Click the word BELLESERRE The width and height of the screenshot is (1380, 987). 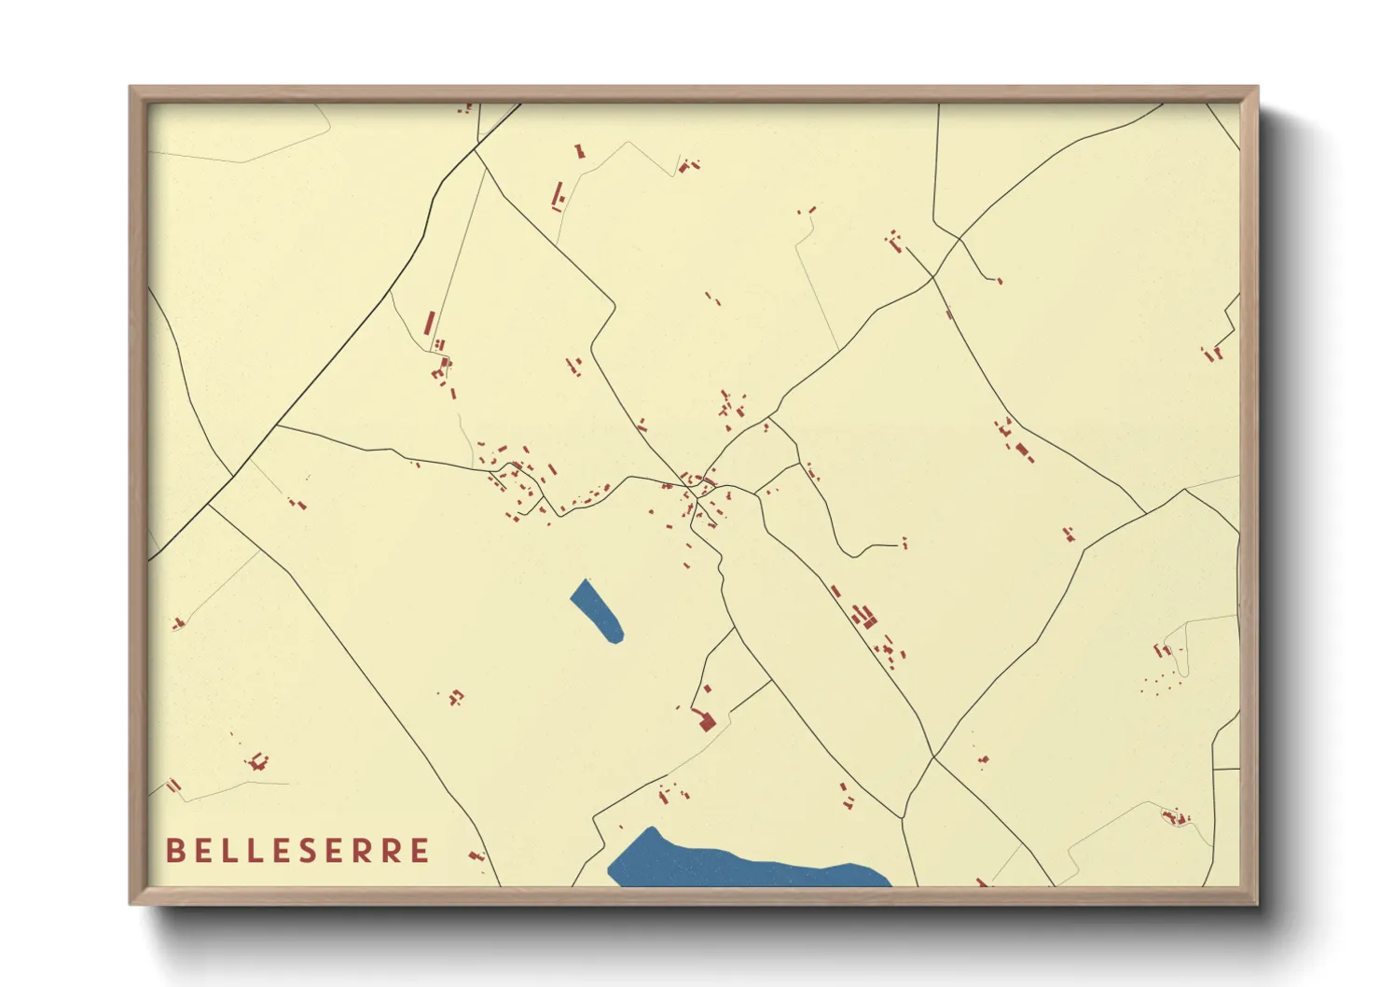point(297,851)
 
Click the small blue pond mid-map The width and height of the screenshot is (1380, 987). point(597,611)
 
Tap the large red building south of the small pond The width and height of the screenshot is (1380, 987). point(707,721)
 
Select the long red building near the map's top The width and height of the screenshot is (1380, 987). point(559,194)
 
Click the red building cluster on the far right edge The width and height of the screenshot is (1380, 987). point(1212,354)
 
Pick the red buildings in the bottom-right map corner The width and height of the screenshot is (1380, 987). point(1176,818)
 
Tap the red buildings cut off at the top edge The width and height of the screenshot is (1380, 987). point(464,109)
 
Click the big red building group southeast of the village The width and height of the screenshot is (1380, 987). point(866,617)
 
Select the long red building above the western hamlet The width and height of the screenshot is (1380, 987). point(430,324)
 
